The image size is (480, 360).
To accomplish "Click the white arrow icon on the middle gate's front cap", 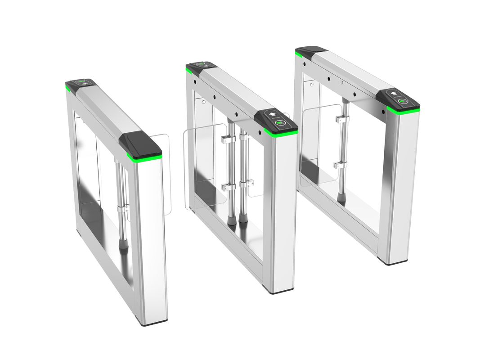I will [x=272, y=114].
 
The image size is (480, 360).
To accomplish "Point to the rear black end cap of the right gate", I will [x=310, y=51].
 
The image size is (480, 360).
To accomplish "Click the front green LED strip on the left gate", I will [x=144, y=157].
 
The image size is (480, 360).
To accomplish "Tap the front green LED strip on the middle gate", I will [x=281, y=133].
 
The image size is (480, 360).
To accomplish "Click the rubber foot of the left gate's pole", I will [x=123, y=245].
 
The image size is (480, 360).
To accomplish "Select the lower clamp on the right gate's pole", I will [x=340, y=165].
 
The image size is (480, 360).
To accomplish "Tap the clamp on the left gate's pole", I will [x=122, y=208].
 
